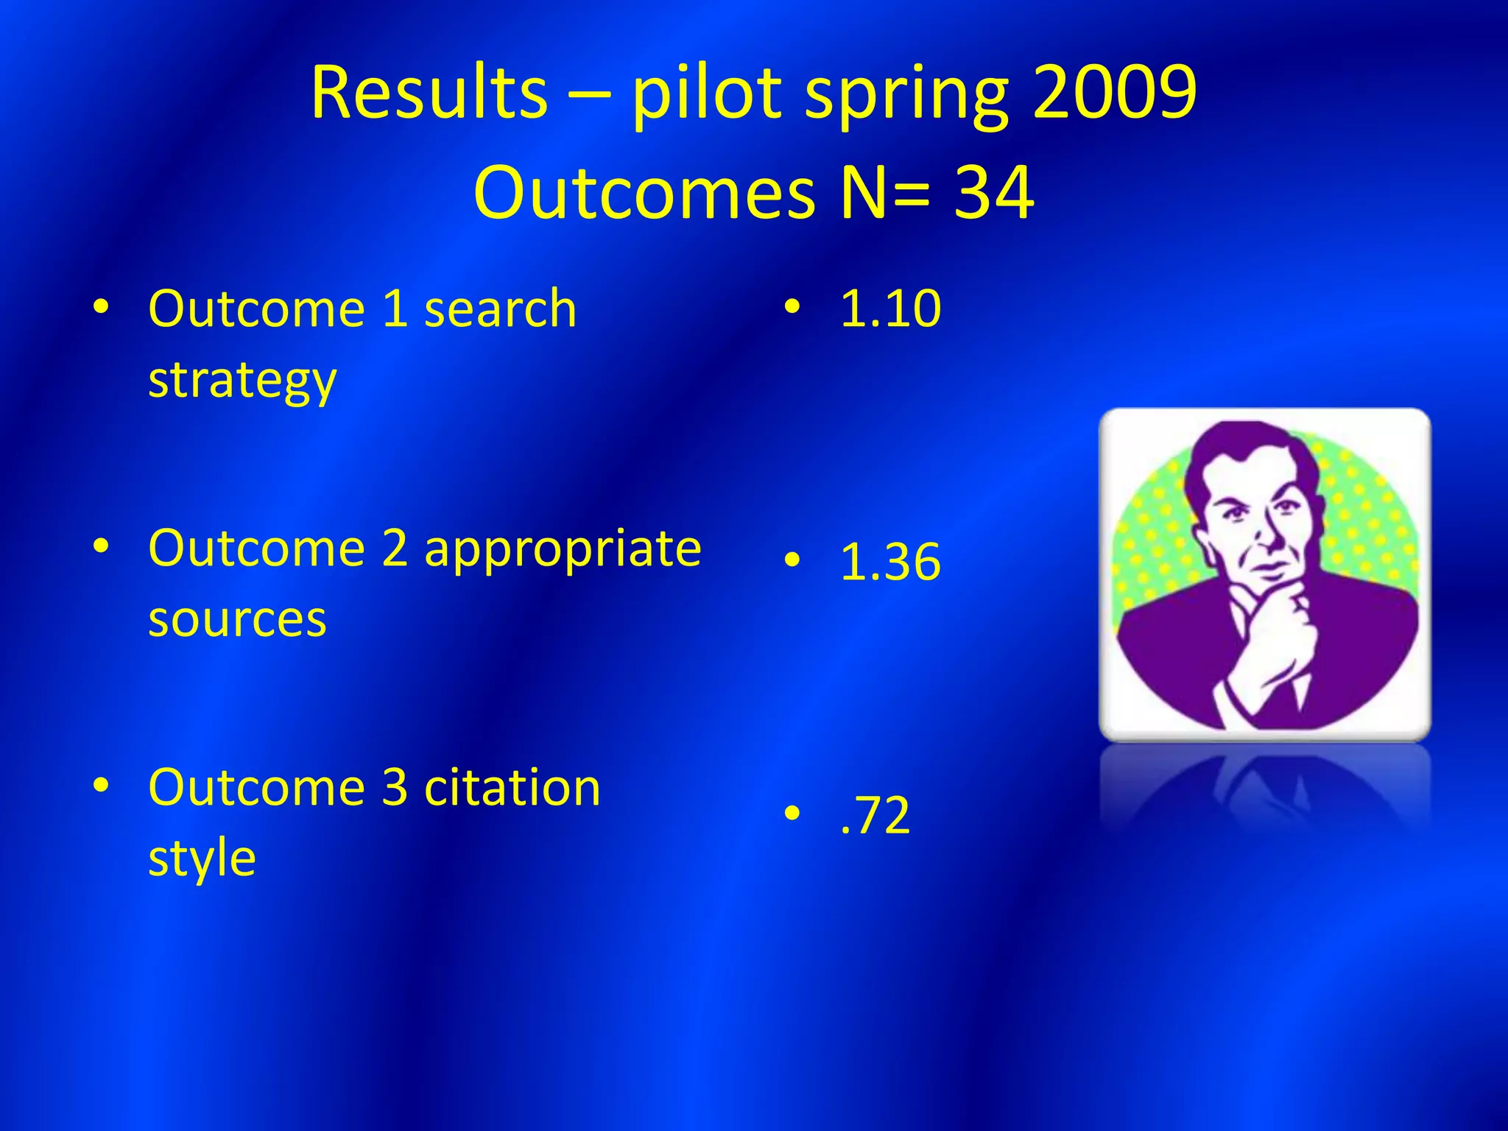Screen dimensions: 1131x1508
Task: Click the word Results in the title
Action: (429, 93)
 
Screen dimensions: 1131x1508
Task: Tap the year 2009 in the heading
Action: (1115, 93)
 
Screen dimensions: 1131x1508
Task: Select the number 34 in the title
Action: (994, 193)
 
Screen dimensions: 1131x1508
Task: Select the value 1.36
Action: (890, 562)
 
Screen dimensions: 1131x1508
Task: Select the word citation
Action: (512, 787)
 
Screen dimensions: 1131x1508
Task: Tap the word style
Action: (202, 859)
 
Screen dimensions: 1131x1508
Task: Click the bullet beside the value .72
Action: (792, 814)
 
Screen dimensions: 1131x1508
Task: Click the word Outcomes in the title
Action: (644, 193)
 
